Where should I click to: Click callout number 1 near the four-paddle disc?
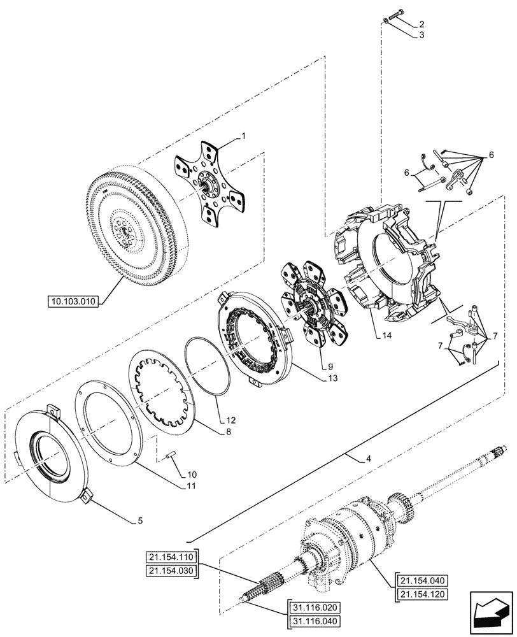pyautogui.click(x=243, y=136)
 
